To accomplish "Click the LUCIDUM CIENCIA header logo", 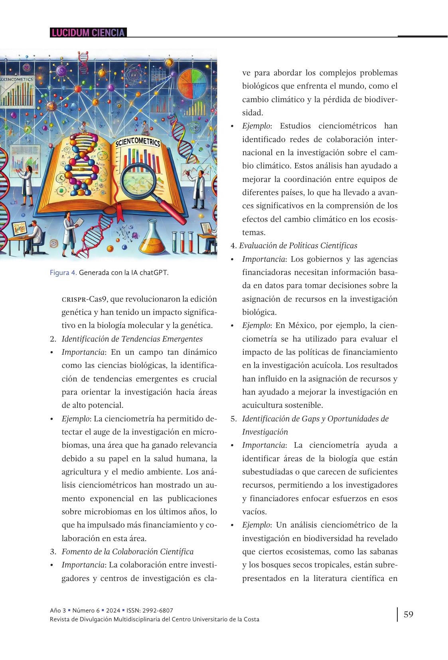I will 88,33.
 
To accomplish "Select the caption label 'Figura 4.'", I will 63,273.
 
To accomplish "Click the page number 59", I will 408,614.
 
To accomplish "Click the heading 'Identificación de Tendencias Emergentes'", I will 132,339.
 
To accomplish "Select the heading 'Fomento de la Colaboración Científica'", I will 127,551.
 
